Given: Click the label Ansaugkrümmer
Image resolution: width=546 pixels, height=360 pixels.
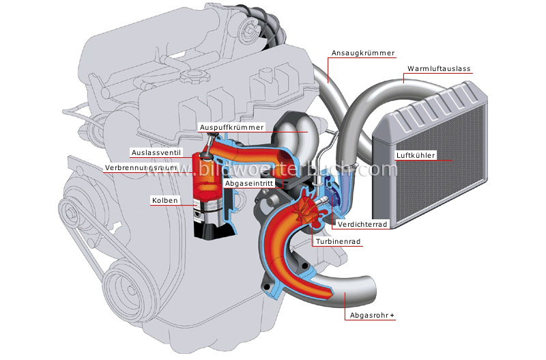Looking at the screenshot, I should pos(362,53).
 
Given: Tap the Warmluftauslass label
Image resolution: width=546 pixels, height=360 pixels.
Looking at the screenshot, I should pos(439,70).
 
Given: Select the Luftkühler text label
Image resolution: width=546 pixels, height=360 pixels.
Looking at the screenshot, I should pos(415,155).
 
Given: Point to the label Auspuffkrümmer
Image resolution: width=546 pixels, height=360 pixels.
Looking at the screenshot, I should pos(227,127).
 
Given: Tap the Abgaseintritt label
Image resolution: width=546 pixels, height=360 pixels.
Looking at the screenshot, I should pos(251,183).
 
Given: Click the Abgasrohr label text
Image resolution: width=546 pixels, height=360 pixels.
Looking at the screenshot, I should pos(369,316).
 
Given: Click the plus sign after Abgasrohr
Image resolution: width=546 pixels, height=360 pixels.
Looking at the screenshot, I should pos(394,316).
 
